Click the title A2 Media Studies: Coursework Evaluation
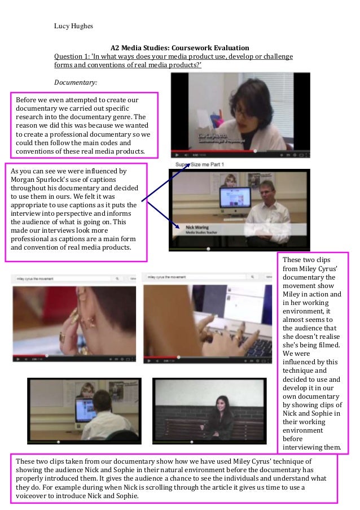[179, 48]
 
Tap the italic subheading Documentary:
[75, 82]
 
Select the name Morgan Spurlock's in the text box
[36, 179]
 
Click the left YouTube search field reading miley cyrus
[62, 278]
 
